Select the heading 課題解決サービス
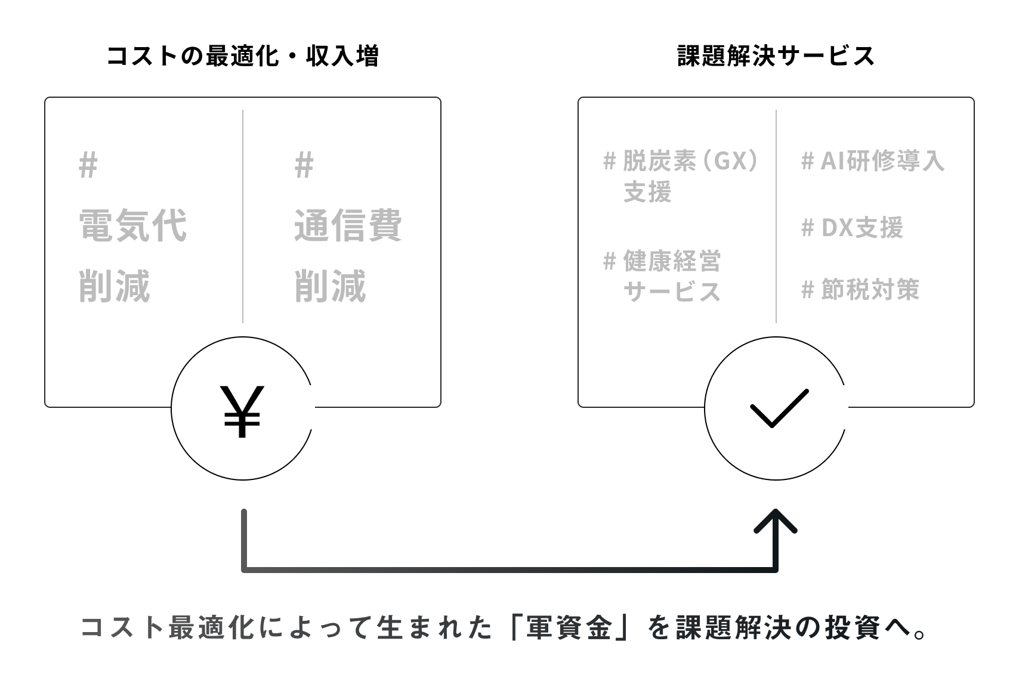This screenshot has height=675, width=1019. (776, 57)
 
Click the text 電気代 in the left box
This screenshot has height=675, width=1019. (133, 226)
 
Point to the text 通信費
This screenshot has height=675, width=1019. (348, 226)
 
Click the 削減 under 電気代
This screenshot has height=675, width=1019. (115, 286)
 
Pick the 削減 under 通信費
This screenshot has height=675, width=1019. (331, 286)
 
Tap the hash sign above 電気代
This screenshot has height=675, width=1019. (88, 165)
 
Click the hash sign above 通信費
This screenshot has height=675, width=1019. (304, 165)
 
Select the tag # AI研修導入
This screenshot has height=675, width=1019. (872, 161)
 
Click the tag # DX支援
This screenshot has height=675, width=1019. (852, 227)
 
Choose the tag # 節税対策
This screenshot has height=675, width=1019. (860, 289)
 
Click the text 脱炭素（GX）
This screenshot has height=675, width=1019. (690, 161)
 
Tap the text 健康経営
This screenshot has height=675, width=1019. (672, 261)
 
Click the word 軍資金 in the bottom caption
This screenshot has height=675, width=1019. (569, 628)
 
